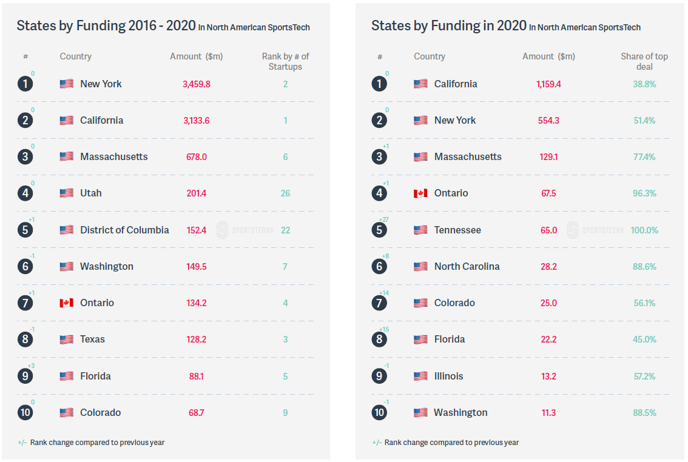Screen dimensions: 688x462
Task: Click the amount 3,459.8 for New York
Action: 196,84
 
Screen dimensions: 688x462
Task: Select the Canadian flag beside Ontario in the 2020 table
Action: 420,193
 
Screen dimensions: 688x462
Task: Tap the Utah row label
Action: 91,193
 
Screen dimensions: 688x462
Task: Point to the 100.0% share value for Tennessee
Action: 644,230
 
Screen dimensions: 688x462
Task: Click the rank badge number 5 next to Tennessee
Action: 379,230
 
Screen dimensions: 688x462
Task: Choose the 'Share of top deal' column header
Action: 644,61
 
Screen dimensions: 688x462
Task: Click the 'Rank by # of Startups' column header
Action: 285,61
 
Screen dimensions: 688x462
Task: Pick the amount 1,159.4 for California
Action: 548,84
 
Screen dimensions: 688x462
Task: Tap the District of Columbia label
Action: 124,230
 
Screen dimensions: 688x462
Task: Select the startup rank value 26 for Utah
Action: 285,193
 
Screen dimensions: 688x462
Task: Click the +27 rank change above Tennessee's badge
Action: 385,219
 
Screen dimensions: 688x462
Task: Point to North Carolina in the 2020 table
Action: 467,267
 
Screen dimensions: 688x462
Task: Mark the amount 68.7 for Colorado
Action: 196,413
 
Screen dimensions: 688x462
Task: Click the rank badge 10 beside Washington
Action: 379,412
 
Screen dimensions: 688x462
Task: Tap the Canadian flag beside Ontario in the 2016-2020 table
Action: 66,303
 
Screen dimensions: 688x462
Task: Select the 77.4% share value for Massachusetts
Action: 644,157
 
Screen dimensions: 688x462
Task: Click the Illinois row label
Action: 448,376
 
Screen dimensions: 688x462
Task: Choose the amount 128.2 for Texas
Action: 196,340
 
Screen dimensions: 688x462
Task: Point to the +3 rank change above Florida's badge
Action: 31,366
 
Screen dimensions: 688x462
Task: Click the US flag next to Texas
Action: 66,340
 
